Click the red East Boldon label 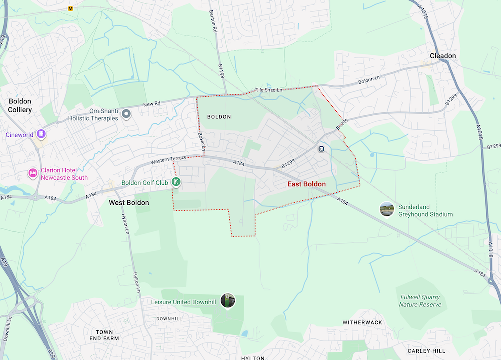[306, 184]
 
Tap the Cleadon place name [443, 56]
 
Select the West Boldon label [129, 203]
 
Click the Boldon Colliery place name [20, 105]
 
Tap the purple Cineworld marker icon [42, 134]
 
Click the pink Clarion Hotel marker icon [33, 173]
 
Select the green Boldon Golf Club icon [176, 182]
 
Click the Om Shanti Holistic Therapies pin [127, 115]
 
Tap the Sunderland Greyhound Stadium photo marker [386, 209]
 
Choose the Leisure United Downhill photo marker [228, 301]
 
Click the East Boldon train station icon [321, 149]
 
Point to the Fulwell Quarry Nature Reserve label [420, 301]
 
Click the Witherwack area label [362, 323]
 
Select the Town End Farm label [104, 335]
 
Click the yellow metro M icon [71, 9]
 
